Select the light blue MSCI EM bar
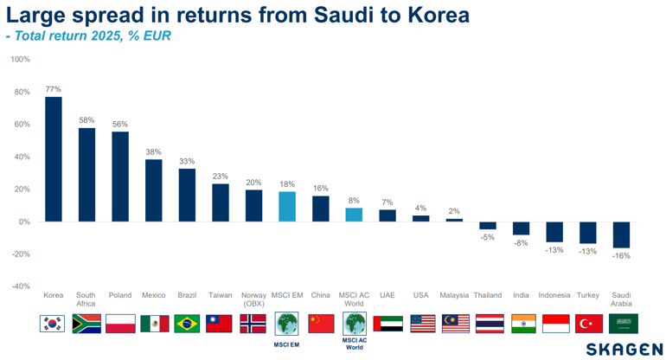287,206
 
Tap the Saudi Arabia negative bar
622,235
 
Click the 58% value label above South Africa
86,120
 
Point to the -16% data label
622,256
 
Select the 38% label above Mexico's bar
153,151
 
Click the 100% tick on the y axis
20,60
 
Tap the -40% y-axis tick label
20,286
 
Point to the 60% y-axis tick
22,125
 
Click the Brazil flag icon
187,324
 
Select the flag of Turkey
588,324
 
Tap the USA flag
421,324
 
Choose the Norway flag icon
253,324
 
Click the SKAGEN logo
624,349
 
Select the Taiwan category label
220,296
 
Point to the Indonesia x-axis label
554,296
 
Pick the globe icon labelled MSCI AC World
355,323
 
